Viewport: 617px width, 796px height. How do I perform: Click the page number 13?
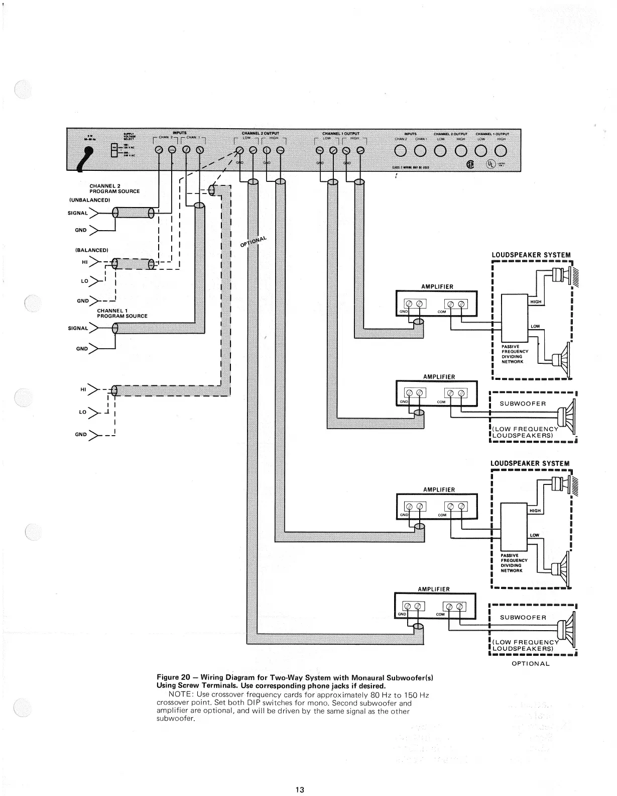pyautogui.click(x=300, y=789)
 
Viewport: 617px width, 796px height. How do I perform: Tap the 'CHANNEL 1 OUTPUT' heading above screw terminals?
pyautogui.click(x=340, y=133)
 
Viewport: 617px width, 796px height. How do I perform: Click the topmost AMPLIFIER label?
pyautogui.click(x=438, y=286)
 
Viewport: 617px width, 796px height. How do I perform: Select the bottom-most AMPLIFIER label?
pyautogui.click(x=434, y=589)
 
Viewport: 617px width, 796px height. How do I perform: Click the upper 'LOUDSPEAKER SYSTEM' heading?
pyautogui.click(x=531, y=255)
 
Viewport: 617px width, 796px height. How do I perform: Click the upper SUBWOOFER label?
pyautogui.click(x=522, y=404)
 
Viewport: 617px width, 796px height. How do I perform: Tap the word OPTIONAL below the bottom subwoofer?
pyautogui.click(x=531, y=663)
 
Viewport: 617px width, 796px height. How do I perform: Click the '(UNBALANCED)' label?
pyautogui.click(x=90, y=200)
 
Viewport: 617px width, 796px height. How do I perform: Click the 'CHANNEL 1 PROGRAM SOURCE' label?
pyautogui.click(x=121, y=314)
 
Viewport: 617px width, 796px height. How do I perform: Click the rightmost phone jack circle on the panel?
pyautogui.click(x=500, y=150)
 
